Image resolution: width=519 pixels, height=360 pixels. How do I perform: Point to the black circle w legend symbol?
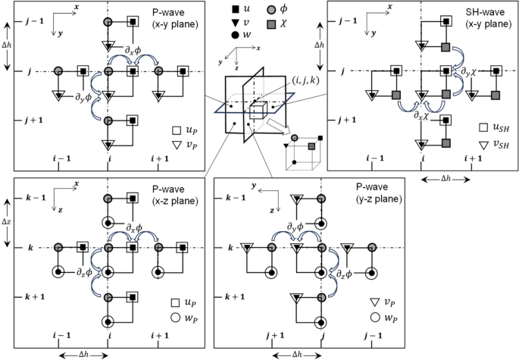pos(241,36)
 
